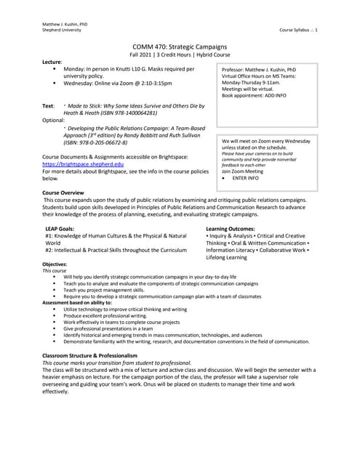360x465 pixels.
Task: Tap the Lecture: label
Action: pos(52,62)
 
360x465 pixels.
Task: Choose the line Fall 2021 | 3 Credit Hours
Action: pos(180,55)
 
